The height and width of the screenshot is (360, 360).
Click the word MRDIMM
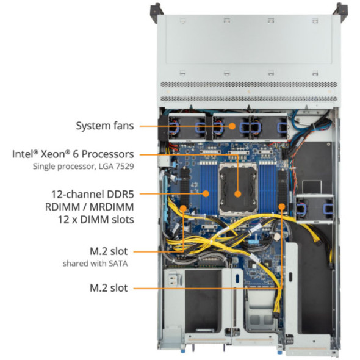click(x=110, y=206)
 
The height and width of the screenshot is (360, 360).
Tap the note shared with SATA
click(x=95, y=264)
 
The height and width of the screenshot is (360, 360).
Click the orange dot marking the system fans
click(x=232, y=126)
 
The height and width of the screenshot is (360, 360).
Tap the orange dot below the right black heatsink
click(x=281, y=206)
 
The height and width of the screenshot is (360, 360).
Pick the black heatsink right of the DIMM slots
click(x=282, y=183)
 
